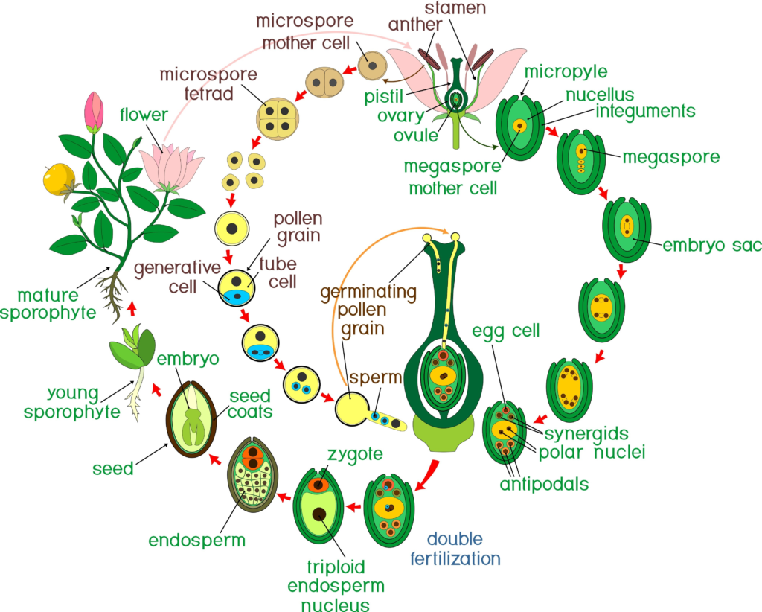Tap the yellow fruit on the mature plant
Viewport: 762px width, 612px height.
click(57, 178)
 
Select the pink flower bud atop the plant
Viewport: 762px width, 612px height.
click(94, 112)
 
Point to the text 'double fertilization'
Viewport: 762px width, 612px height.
click(455, 548)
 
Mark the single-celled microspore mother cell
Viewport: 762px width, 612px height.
click(372, 66)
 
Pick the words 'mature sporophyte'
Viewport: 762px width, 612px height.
click(48, 303)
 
